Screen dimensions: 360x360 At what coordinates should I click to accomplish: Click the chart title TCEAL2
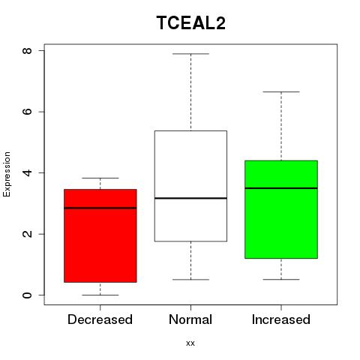191,22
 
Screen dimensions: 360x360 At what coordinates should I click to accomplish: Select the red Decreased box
100,235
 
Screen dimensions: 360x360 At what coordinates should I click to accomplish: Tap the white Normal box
190,186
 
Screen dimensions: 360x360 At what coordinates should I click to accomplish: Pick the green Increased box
281,209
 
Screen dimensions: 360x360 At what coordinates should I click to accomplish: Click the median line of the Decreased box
100,208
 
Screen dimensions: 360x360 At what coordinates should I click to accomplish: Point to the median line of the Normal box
190,198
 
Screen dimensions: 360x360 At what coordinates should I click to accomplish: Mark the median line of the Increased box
281,188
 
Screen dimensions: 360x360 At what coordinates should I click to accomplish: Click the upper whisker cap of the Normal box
190,54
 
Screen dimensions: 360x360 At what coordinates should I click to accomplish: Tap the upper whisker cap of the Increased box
281,91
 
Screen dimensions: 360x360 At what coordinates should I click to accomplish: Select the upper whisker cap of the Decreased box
100,178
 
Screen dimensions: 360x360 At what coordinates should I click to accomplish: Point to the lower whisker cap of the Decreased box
100,295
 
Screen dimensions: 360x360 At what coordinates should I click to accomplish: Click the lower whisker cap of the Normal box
190,280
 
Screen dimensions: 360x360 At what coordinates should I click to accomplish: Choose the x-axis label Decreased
100,319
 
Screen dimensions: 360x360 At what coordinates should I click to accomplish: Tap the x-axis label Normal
190,319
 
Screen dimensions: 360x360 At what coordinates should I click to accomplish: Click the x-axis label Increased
281,319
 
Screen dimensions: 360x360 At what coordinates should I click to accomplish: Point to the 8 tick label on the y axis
27,50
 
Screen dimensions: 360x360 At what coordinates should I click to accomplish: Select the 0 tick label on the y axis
27,295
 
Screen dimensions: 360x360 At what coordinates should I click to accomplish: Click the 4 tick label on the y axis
27,172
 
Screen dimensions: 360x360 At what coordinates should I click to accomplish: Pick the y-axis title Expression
7,174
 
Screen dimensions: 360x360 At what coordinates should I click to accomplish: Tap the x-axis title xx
190,343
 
